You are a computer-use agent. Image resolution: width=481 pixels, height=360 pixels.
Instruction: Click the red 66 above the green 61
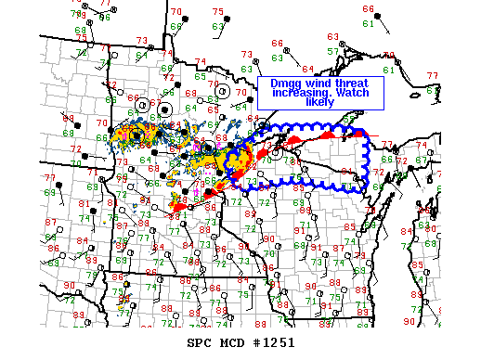369,9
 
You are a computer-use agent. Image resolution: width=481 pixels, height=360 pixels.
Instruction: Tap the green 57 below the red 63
331,50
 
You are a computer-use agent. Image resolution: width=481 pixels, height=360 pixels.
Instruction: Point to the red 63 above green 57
331,37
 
